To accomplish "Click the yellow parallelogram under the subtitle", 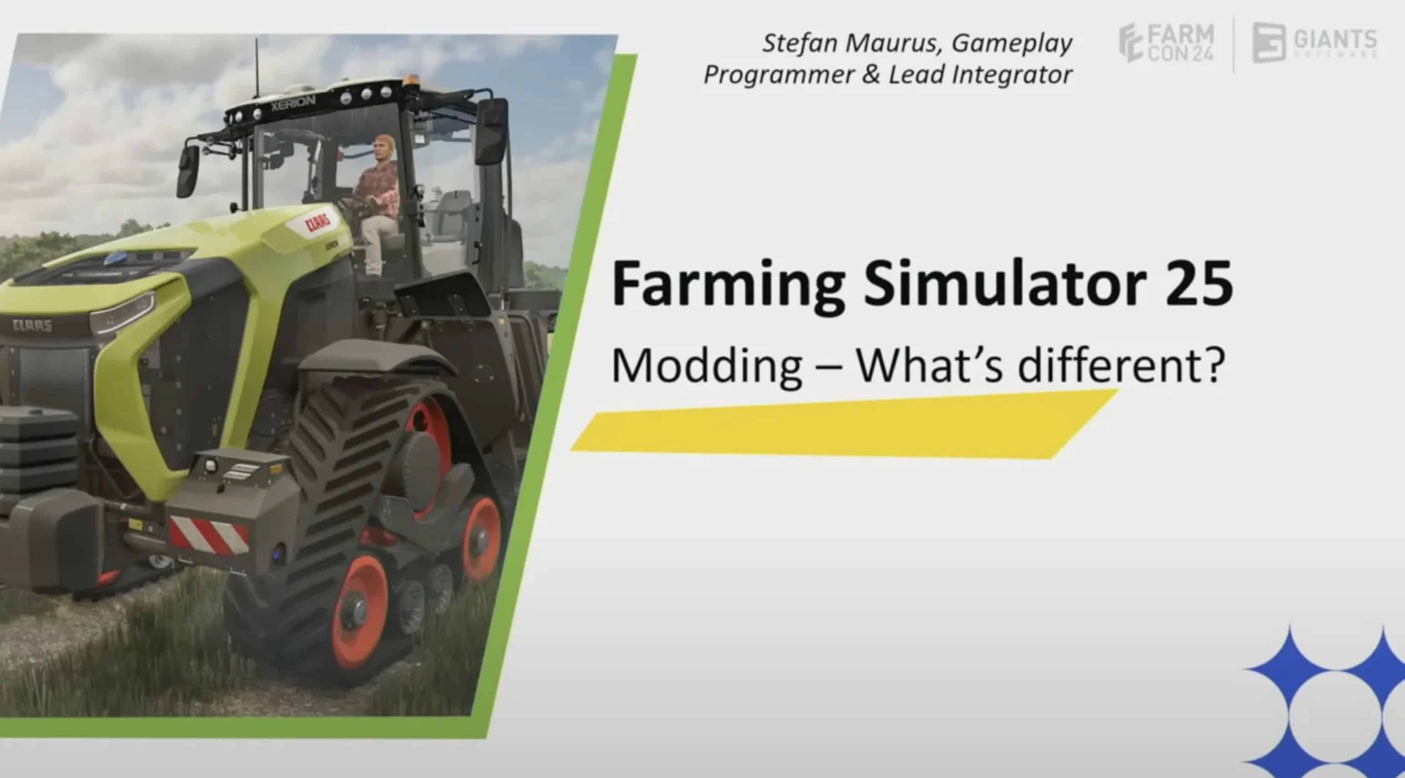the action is (x=844, y=424).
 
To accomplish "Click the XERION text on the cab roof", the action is (x=293, y=102).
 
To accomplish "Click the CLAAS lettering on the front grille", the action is (x=32, y=326).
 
